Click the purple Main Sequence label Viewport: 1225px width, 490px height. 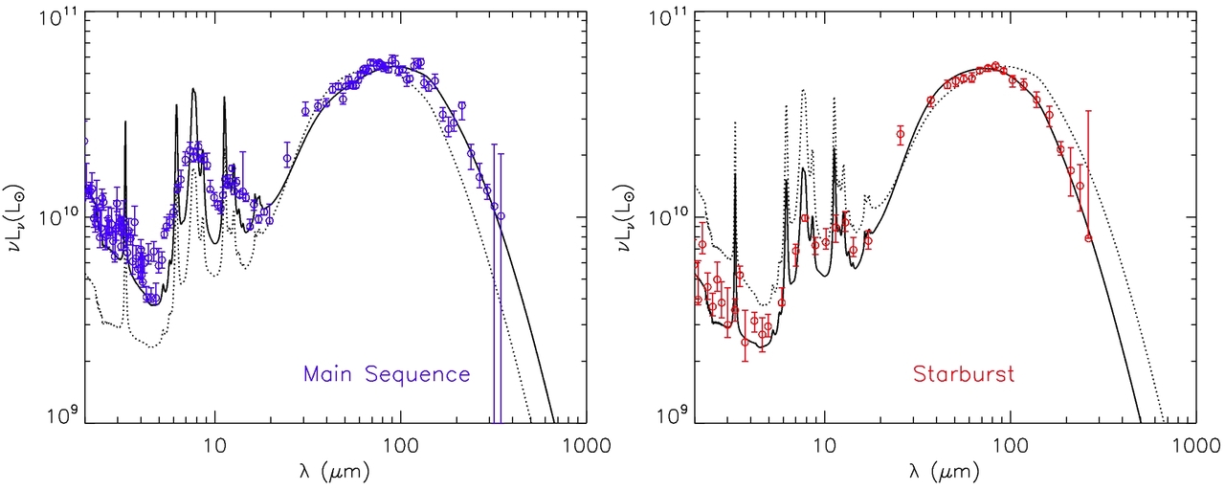387,374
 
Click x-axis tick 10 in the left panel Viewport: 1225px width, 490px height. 214,443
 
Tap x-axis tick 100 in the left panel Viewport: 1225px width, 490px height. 400,443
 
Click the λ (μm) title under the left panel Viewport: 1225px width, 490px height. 333,473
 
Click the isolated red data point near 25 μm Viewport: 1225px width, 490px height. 900,134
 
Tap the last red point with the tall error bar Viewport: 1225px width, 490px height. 1088,237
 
